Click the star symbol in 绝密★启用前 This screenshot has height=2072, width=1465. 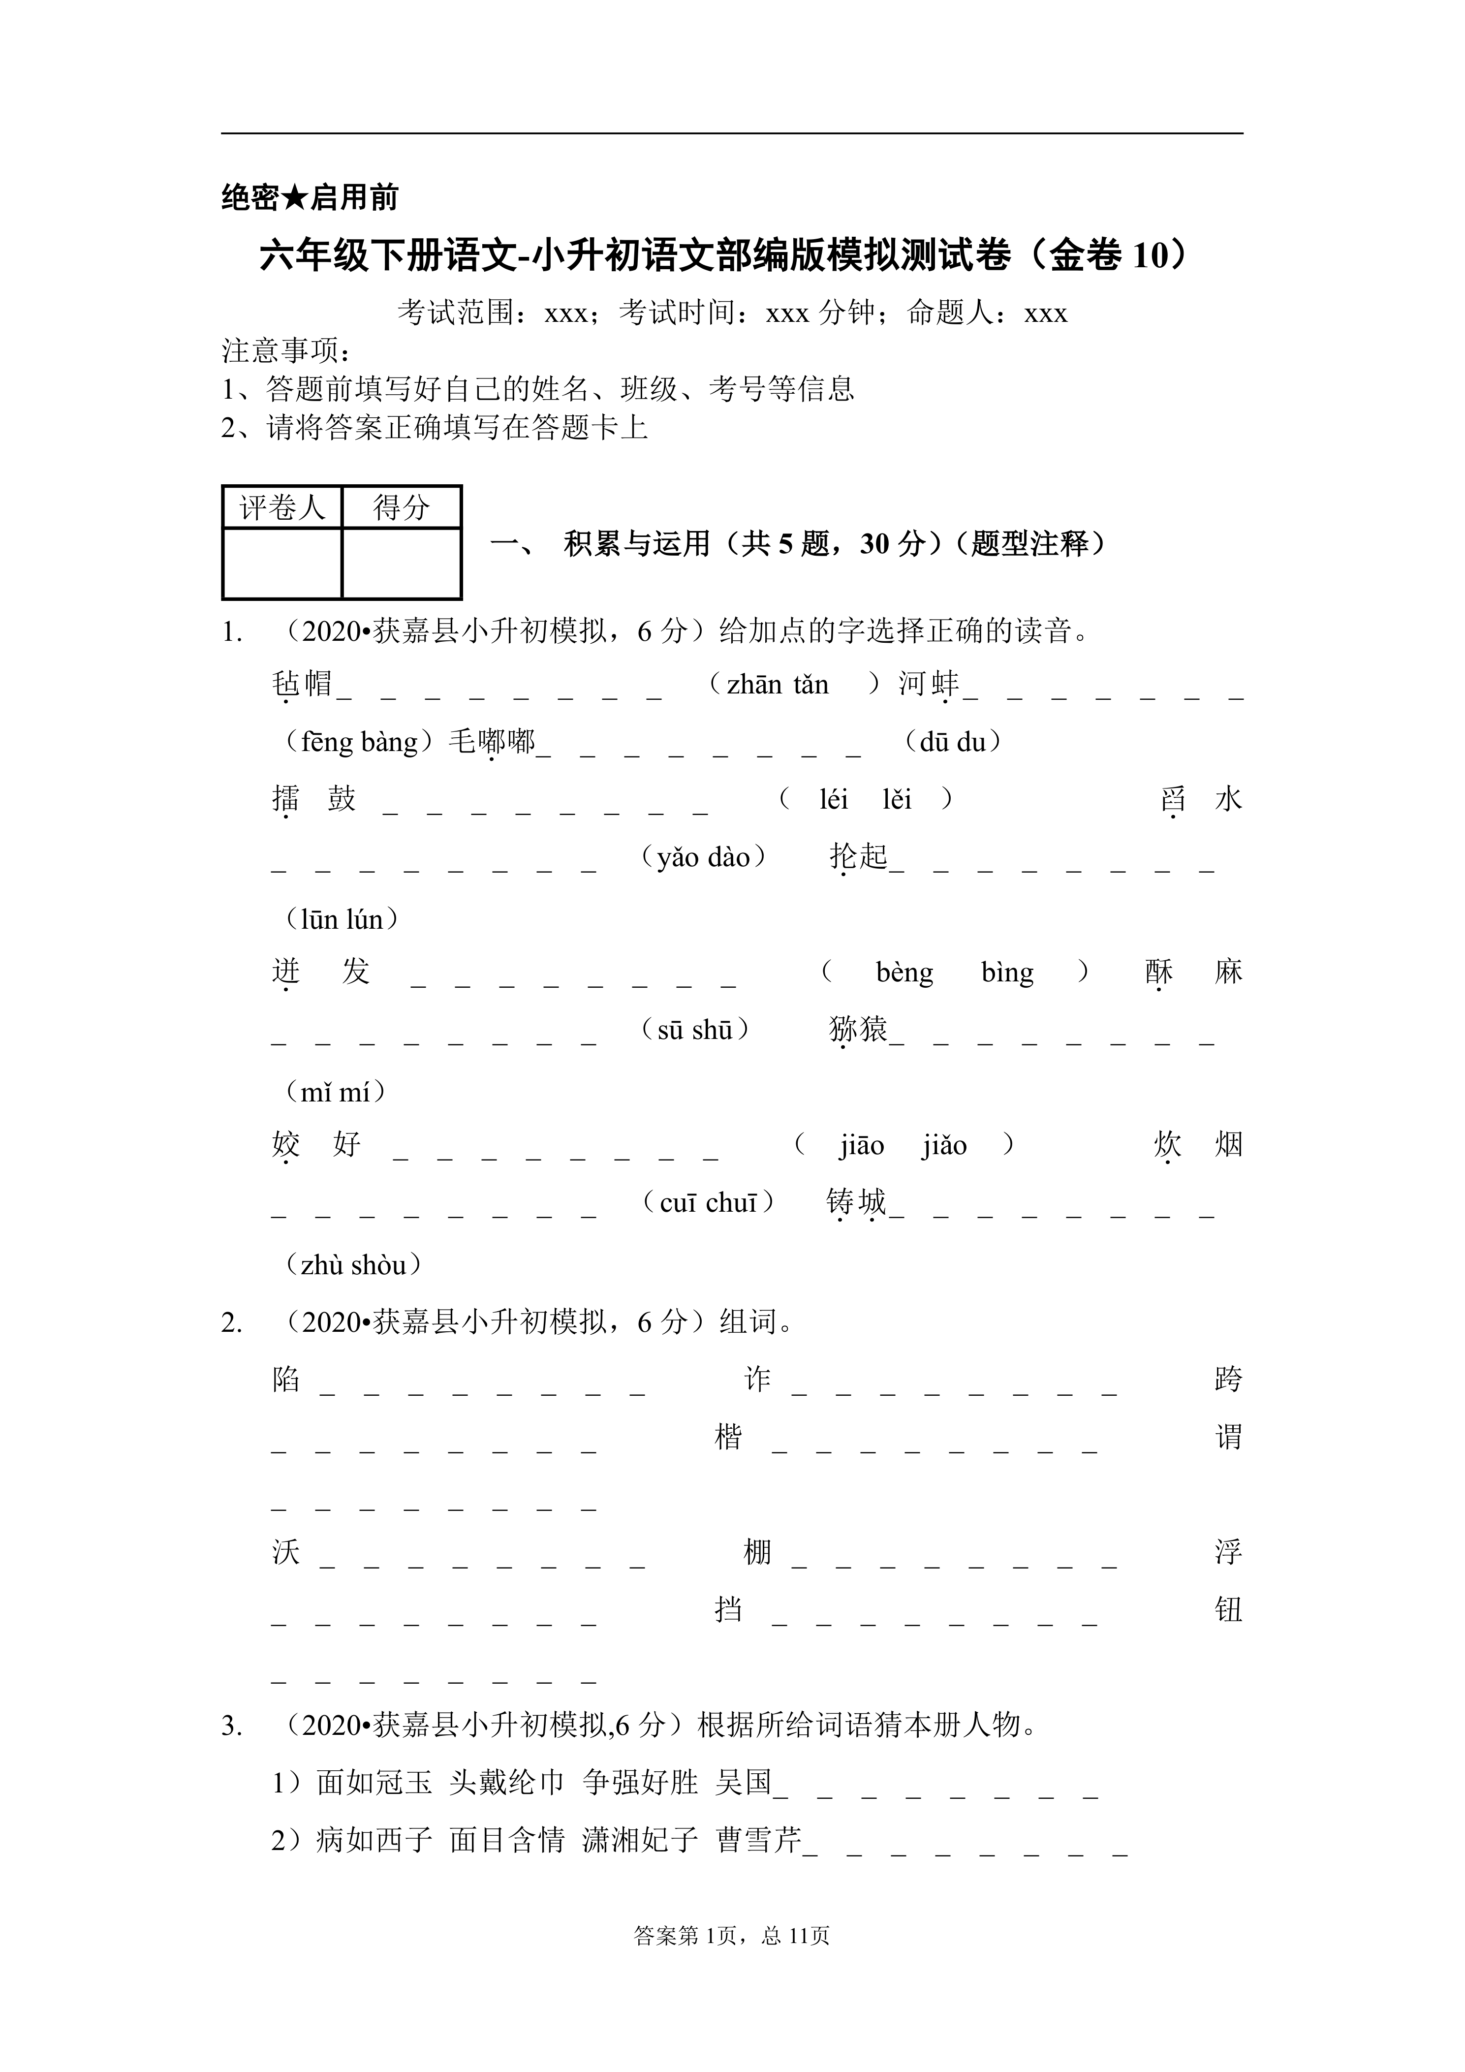tap(294, 198)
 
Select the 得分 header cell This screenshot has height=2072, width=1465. tap(402, 507)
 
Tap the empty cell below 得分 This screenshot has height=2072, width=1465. tap(402, 563)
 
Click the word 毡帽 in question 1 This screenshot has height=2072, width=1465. tap(302, 684)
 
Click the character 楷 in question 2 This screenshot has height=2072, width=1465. tap(728, 1438)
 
